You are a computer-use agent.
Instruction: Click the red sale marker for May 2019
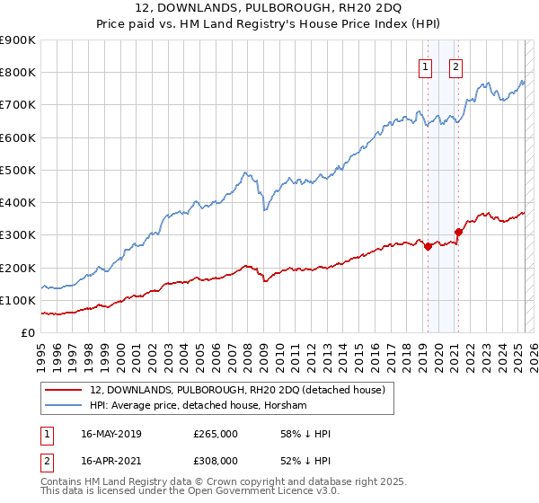pyautogui.click(x=428, y=247)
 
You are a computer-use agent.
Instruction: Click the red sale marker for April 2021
pyautogui.click(x=458, y=232)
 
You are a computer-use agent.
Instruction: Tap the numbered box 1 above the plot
pyautogui.click(x=424, y=66)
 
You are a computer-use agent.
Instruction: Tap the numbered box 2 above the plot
pyautogui.click(x=455, y=66)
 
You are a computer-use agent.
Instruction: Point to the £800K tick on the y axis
pyautogui.click(x=17, y=73)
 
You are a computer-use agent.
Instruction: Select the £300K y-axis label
pyautogui.click(x=17, y=235)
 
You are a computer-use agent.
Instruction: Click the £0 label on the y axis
pyautogui.click(x=27, y=333)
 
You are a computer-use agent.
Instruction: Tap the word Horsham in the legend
pyautogui.click(x=283, y=405)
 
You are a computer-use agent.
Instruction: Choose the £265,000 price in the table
pyautogui.click(x=216, y=434)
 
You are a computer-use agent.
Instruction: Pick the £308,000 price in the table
pyautogui.click(x=216, y=460)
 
